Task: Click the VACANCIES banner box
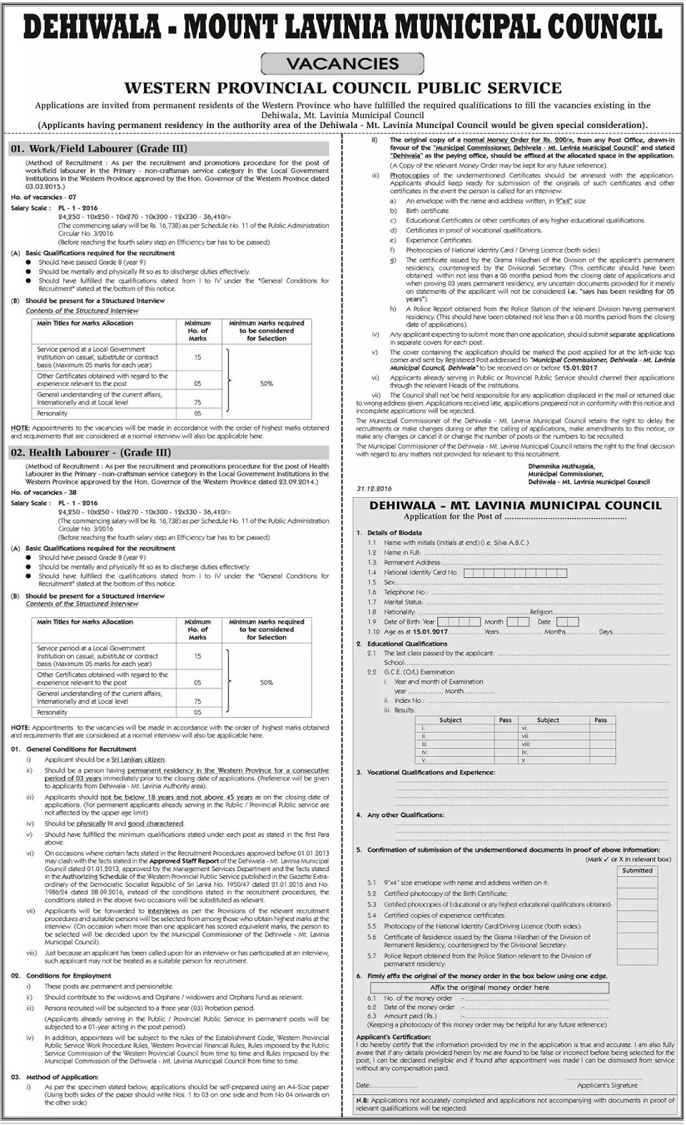coord(342,64)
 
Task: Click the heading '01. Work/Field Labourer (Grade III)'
coord(98,148)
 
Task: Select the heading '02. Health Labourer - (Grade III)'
coord(91,453)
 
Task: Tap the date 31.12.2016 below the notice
coord(374,488)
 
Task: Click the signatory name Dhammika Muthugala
coord(561,466)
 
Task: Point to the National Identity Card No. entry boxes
coord(515,573)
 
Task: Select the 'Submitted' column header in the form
coord(637,870)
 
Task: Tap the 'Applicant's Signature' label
coord(607,1085)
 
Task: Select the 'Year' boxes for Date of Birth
coord(459,622)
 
